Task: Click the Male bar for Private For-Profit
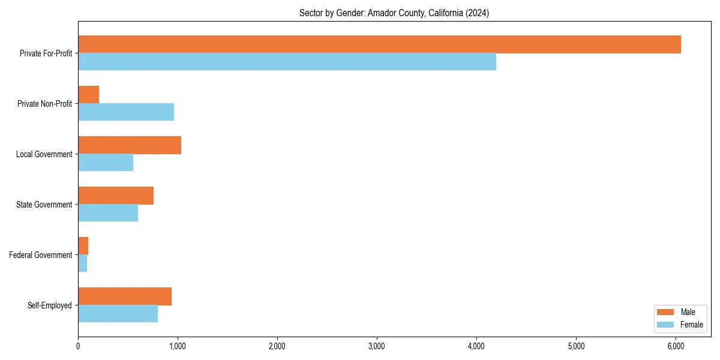pos(379,44)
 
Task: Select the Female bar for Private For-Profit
pos(287,62)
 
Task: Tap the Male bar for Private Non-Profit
pos(88,95)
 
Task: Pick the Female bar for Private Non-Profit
pos(126,112)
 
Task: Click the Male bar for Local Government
pos(130,145)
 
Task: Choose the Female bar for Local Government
pos(106,163)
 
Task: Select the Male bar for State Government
pos(116,196)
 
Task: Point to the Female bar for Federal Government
pos(82,263)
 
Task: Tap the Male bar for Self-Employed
pos(125,296)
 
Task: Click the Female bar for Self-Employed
pos(118,314)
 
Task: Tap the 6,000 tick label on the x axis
pos(676,346)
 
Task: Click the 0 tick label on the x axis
pos(78,346)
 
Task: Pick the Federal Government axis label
pos(41,255)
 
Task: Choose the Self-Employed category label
pos(50,305)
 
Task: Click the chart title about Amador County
pos(394,13)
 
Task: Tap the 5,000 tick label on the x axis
pos(576,346)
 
